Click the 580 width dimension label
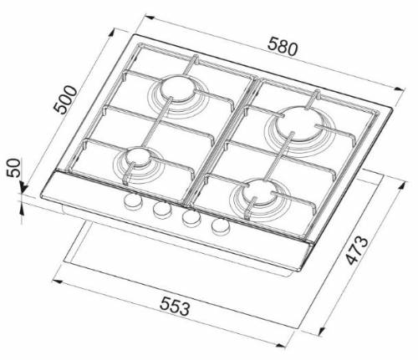click(283, 48)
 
